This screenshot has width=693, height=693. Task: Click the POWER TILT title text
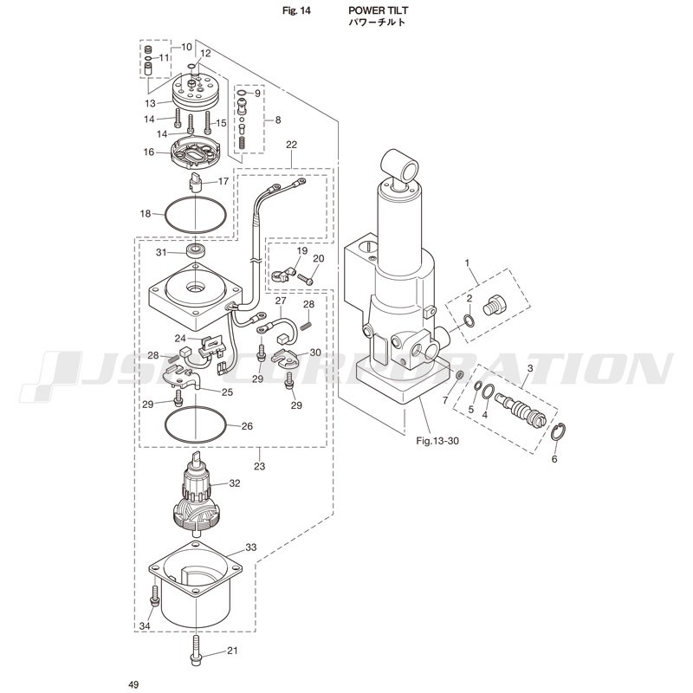pyautogui.click(x=378, y=10)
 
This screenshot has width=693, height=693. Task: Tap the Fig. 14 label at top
pyautogui.click(x=296, y=10)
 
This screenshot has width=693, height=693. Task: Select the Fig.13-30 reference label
pyautogui.click(x=437, y=441)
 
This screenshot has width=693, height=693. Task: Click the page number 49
pyautogui.click(x=133, y=684)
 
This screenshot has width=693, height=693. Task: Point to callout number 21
pyautogui.click(x=232, y=651)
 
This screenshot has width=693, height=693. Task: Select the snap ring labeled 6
pyautogui.click(x=559, y=431)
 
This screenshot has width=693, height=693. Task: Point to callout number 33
pyautogui.click(x=251, y=547)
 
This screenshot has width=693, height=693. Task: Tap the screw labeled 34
pyautogui.click(x=154, y=596)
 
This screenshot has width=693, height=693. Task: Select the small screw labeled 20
pyautogui.click(x=305, y=278)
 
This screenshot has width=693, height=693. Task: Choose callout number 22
pyautogui.click(x=292, y=145)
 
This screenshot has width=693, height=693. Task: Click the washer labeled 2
pyautogui.click(x=470, y=321)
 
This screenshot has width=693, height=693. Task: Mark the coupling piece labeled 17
pyautogui.click(x=196, y=182)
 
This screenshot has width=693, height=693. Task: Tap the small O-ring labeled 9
pyautogui.click(x=242, y=93)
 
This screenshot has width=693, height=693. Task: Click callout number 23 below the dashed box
pyautogui.click(x=259, y=466)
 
